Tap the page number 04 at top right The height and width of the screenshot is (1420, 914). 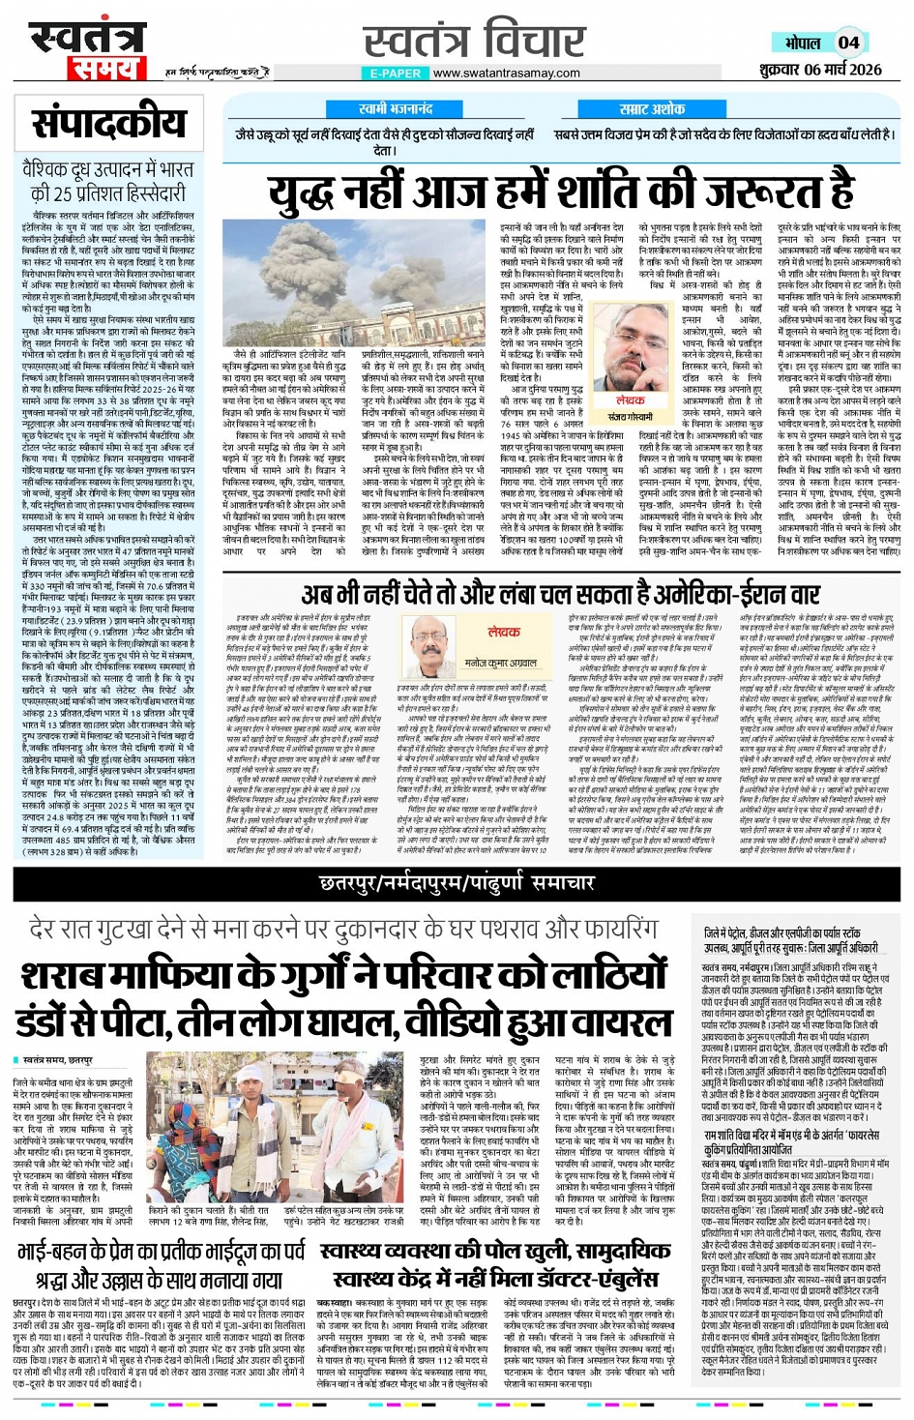[848, 43]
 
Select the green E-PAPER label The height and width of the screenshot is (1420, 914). [396, 73]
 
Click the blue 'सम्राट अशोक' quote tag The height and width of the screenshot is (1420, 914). [652, 109]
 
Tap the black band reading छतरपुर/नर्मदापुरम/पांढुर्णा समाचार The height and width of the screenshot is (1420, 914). [457, 882]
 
